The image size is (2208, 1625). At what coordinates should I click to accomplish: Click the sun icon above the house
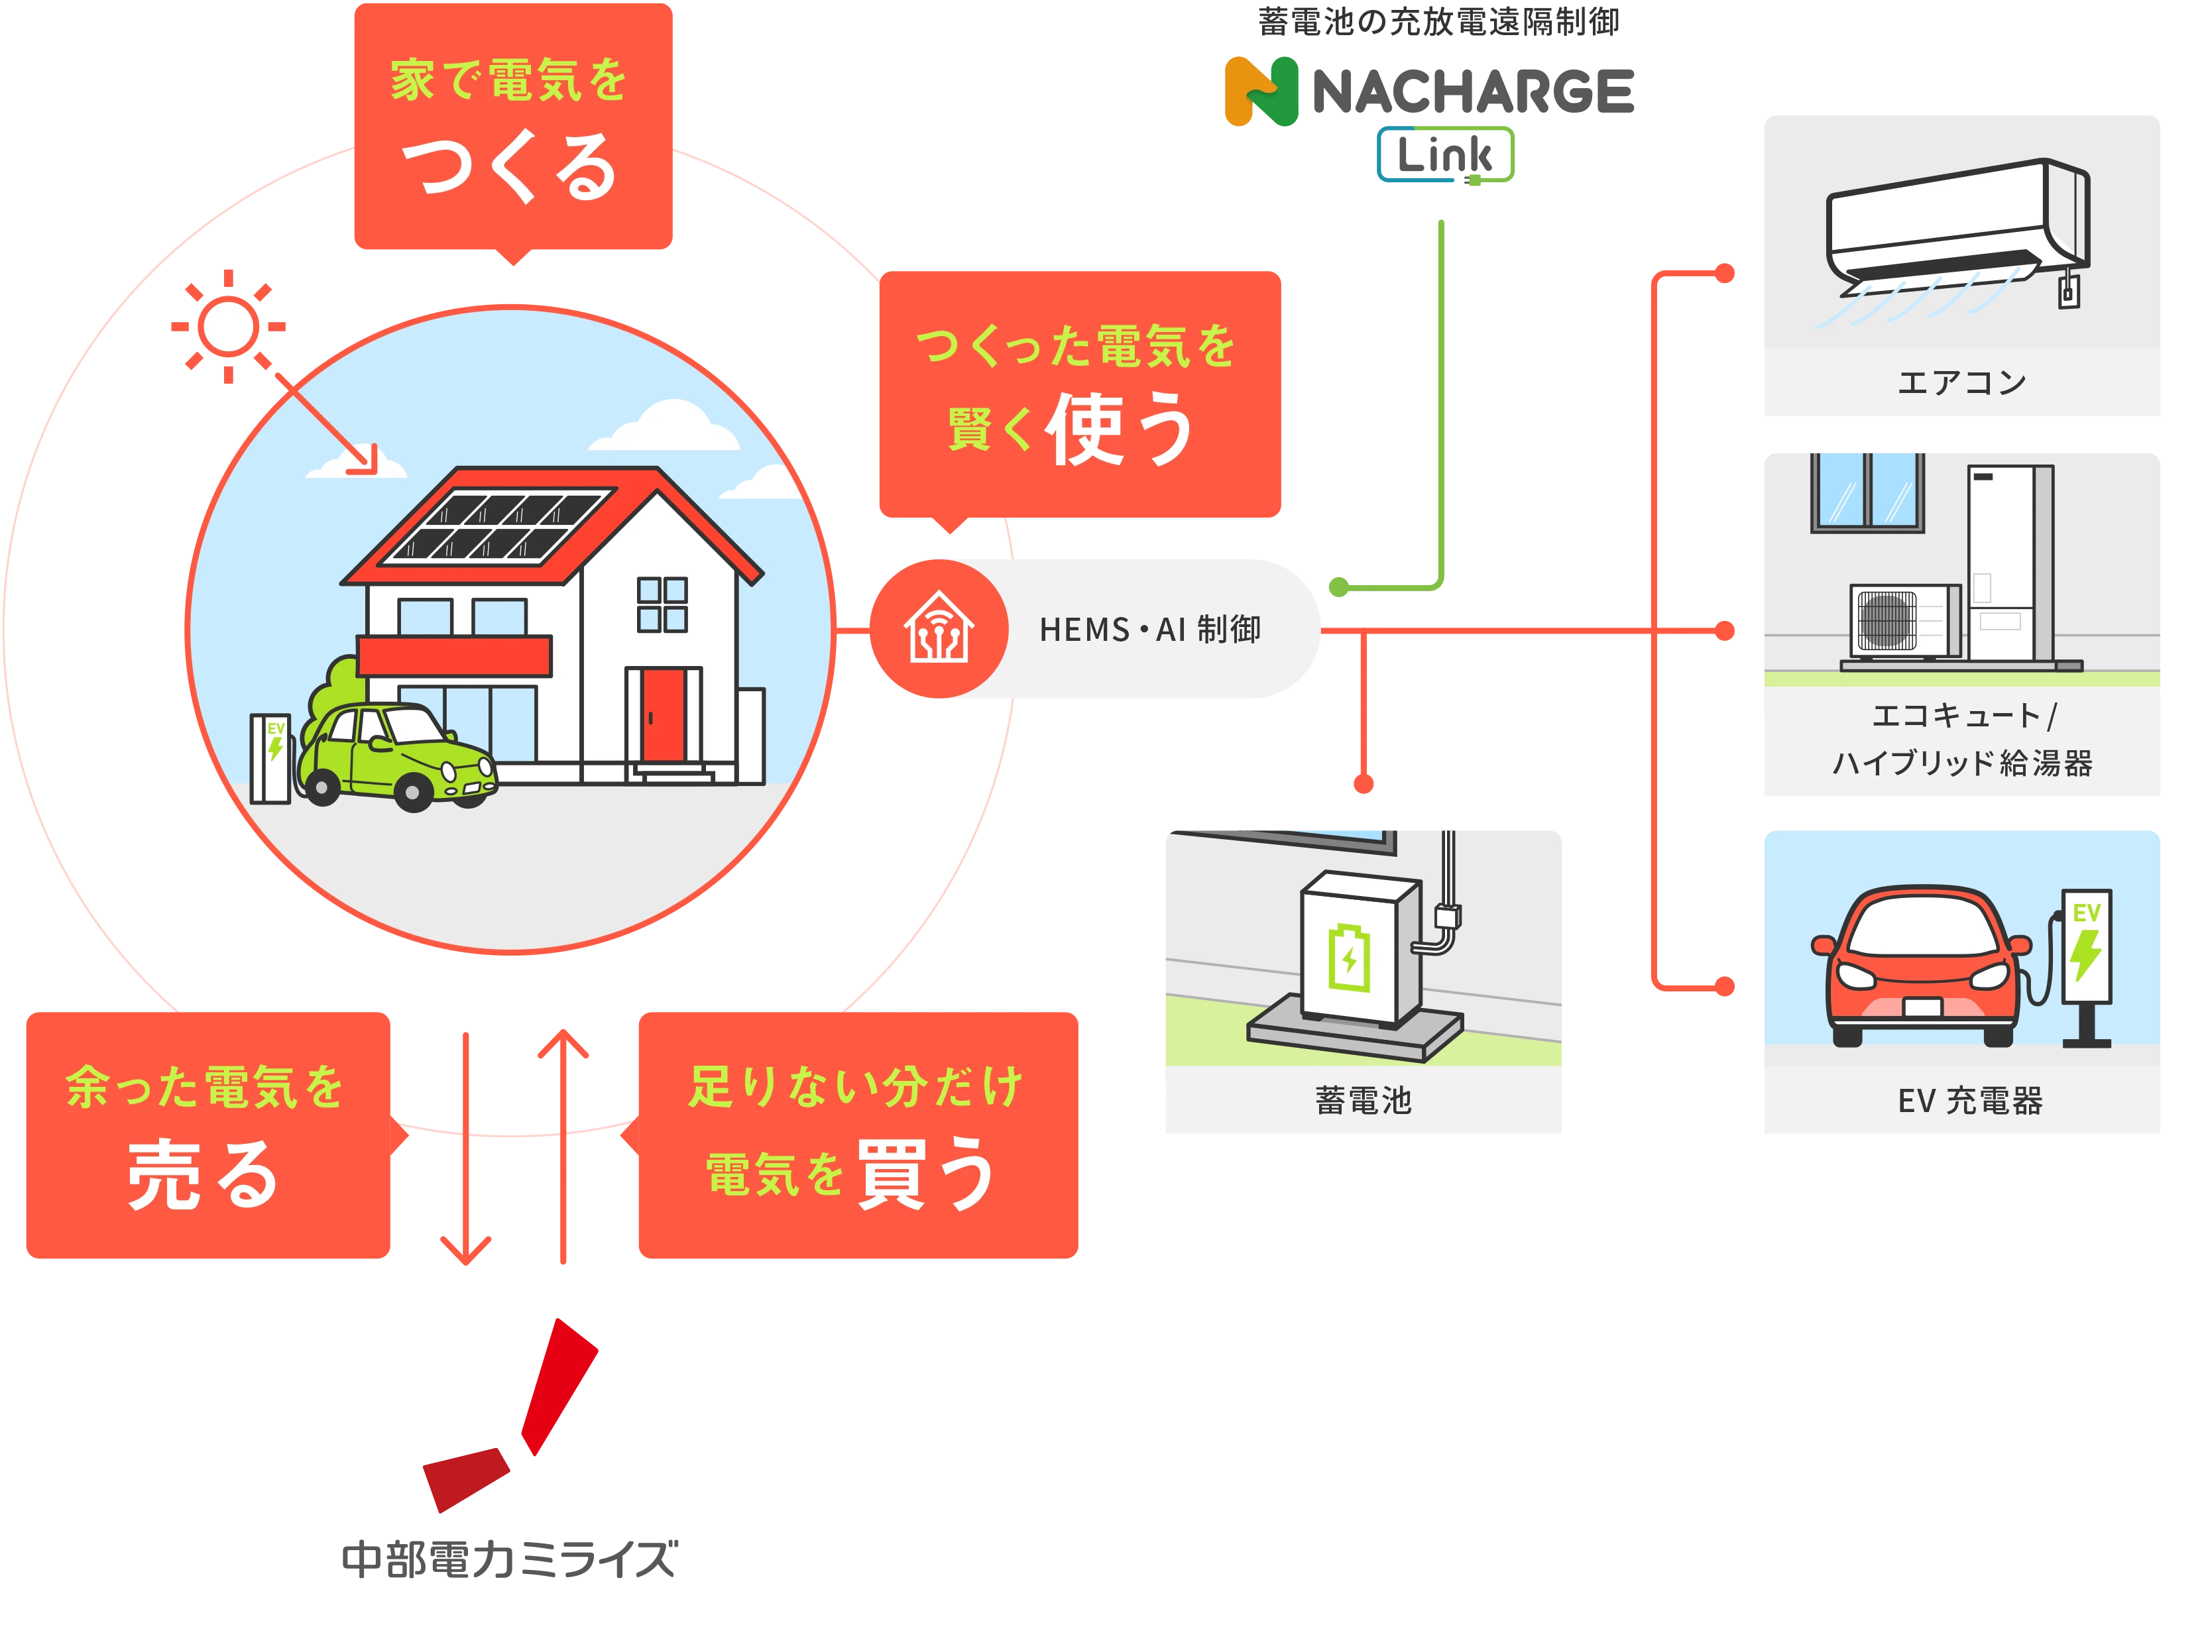pos(228,325)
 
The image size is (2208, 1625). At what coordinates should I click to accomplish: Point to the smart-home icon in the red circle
pos(939,628)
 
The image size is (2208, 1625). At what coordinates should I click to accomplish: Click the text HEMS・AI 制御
pos(1149,630)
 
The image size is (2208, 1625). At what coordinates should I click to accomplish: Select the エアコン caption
pos(1961,382)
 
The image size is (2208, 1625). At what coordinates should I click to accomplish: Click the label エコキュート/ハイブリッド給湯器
pos(1961,739)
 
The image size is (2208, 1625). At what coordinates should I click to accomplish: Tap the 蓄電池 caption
pos(1363,1099)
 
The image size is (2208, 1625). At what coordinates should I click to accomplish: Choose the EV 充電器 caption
pos(1970,1099)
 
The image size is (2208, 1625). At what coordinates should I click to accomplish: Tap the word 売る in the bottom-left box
pos(203,1176)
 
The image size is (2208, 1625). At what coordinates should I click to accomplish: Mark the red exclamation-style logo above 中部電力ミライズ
pos(512,1416)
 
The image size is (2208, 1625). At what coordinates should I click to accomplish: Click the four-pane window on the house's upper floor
pos(662,604)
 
